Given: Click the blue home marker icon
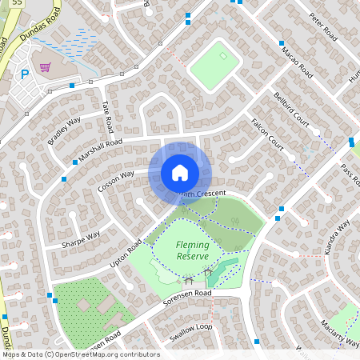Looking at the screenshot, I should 179,173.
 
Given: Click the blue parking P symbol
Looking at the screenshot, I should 25,74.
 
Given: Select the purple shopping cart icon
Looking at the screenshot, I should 46,67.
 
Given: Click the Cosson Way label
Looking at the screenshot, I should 116,180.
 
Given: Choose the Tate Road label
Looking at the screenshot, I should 107,117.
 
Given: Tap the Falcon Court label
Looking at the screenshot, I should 267,134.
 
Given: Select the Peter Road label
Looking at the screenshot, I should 325,30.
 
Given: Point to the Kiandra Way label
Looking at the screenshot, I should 338,238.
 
